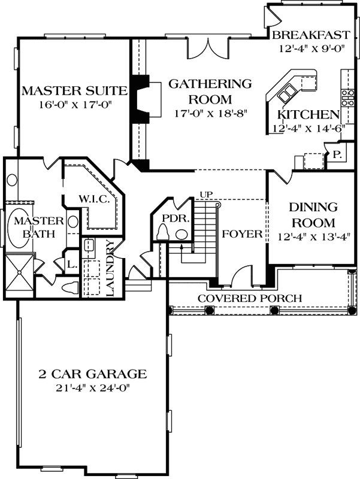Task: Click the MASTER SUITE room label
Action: point(74,91)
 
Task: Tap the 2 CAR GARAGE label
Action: point(93,374)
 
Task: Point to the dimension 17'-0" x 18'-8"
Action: point(211,114)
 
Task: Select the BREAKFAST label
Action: point(311,35)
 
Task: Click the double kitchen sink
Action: point(287,93)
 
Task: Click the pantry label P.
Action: point(337,154)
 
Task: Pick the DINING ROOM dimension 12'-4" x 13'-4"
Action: point(313,237)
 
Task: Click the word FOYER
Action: point(242,234)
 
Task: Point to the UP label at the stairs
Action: point(206,194)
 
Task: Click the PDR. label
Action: point(176,219)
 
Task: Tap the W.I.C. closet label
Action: point(94,199)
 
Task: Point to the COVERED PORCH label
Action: point(250,298)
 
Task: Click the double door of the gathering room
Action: point(208,49)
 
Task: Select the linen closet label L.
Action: point(72,265)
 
